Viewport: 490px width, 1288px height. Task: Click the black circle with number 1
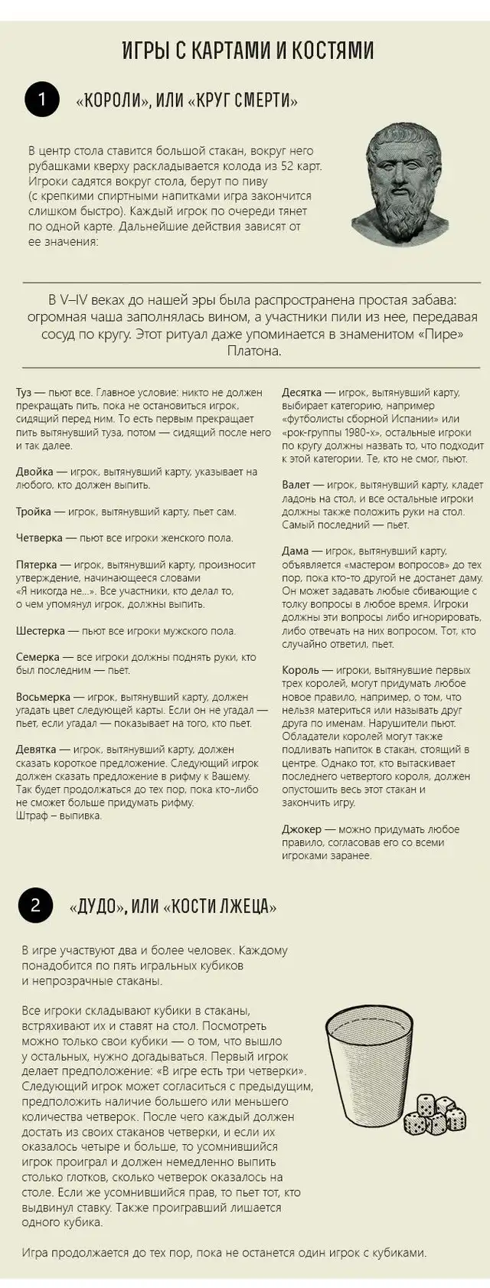click(x=42, y=100)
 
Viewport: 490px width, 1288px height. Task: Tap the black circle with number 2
click(x=35, y=905)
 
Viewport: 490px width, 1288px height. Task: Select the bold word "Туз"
click(x=24, y=393)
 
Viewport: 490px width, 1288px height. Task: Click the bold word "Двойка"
click(x=35, y=472)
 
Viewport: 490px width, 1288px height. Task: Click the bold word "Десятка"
click(x=302, y=393)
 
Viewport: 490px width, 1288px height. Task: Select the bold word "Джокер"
click(x=302, y=829)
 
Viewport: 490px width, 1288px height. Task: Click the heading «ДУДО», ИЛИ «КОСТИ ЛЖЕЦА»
click(x=172, y=907)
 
